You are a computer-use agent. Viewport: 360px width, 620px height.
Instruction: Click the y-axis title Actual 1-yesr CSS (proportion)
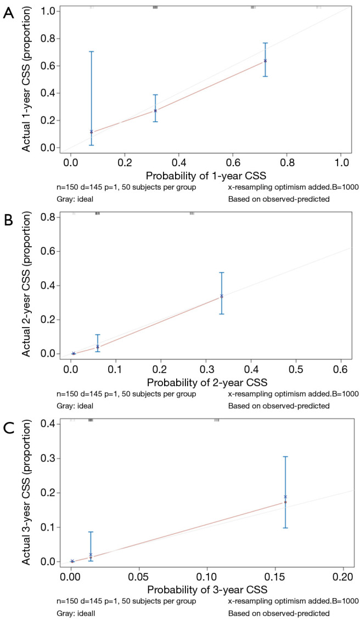coord(25,79)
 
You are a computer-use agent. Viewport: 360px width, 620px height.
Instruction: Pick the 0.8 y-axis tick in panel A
coord(47,38)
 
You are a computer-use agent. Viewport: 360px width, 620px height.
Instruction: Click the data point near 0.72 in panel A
coord(265,60)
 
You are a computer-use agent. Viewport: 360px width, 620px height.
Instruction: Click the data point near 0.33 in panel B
coord(222,296)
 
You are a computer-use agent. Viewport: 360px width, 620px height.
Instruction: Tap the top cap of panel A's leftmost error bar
coord(91,52)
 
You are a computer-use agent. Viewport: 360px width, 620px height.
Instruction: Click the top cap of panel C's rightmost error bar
coord(285,456)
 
